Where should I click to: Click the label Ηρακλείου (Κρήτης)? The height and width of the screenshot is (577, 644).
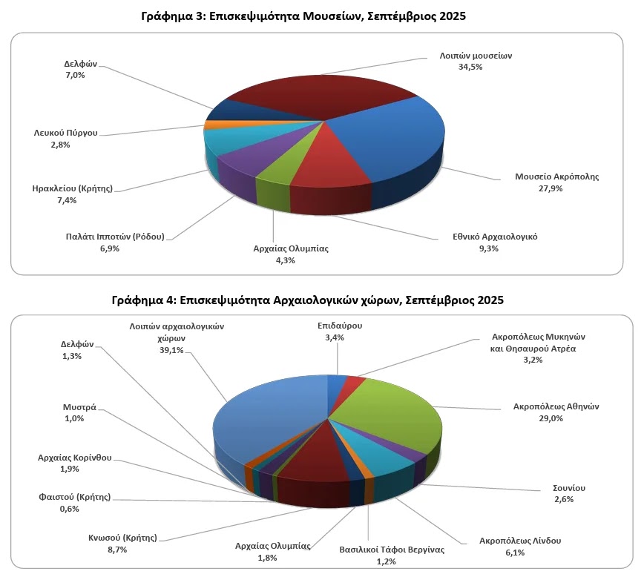[73, 188]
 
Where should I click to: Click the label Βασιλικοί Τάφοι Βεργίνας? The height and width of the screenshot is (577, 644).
[392, 550]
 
